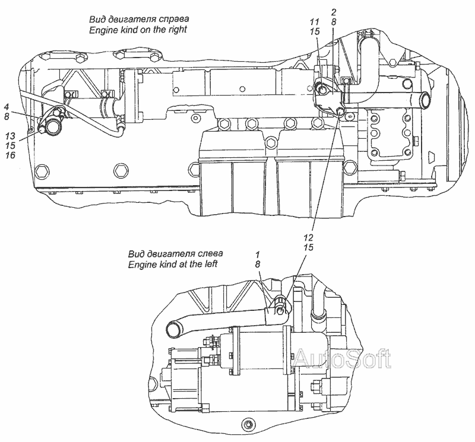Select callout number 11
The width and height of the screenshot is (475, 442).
[x=315, y=22]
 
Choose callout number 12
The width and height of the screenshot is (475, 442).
[x=309, y=237]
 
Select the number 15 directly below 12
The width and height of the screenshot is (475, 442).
[x=309, y=247]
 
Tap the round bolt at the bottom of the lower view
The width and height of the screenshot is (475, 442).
[x=246, y=424]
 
